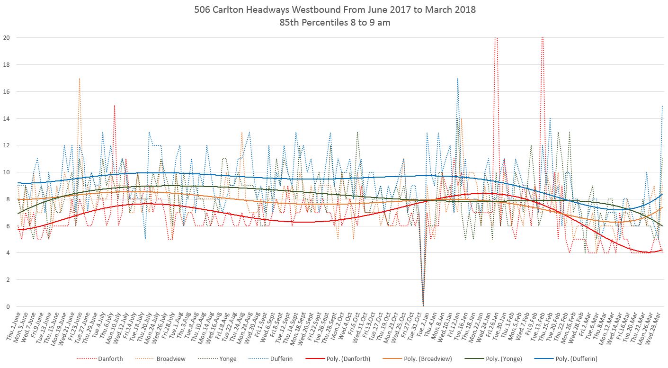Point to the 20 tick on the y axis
6,38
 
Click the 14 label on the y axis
6,118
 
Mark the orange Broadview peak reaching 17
79,79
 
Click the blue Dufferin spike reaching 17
457,79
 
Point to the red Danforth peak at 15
115,106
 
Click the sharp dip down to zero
423,305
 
